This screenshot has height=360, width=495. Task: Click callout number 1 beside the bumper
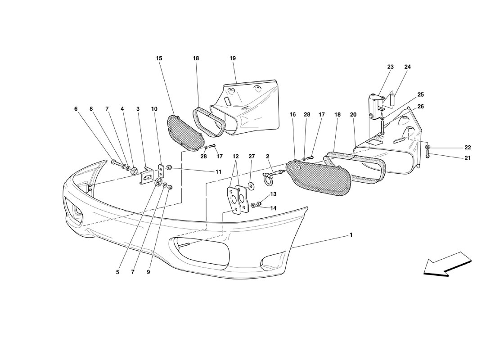351,235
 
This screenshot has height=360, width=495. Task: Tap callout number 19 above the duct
233,58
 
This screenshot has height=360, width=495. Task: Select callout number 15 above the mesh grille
159,58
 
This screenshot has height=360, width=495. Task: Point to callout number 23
390,67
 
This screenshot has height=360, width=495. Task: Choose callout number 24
407,67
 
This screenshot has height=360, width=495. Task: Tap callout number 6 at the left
76,108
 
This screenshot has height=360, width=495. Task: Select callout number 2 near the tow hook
267,157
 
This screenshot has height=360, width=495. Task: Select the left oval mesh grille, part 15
184,130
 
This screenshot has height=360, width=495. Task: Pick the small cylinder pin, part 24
392,99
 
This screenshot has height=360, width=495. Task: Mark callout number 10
154,108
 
